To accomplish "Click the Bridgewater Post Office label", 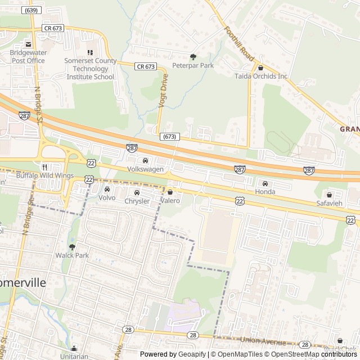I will [27, 56].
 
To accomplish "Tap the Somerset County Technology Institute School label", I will [90, 69].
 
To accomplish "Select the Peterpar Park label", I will [193, 66].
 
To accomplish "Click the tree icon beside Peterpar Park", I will [193, 57].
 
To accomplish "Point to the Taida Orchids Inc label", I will [261, 76].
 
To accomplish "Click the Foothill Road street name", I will [240, 44].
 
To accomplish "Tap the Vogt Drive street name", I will [164, 88].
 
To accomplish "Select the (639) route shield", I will [31, 10].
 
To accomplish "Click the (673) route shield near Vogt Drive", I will [169, 137].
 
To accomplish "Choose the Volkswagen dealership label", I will [145, 169].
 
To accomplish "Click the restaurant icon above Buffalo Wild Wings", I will [44, 167].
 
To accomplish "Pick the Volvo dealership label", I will [106, 198].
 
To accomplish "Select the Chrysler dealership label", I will [137, 201].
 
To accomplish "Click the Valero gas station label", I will [170, 201].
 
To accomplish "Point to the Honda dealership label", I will [265, 192].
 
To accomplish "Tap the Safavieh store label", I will [329, 203].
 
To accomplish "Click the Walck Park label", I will [72, 255].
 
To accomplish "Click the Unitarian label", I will [74, 357].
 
